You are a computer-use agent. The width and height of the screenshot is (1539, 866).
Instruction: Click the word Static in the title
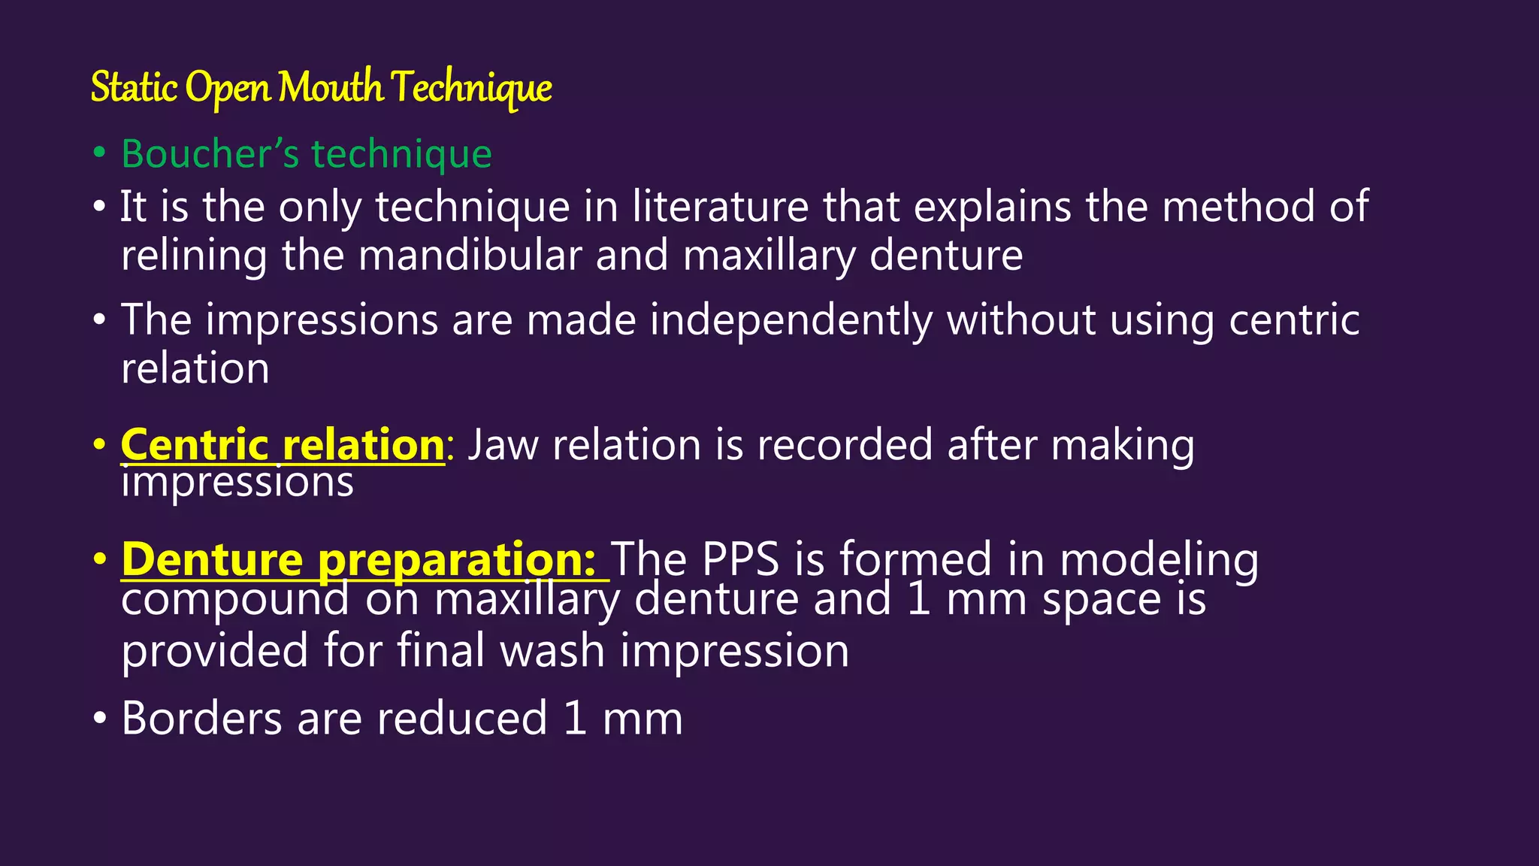(x=134, y=87)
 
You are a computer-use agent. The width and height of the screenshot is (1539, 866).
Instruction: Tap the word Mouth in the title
(x=331, y=87)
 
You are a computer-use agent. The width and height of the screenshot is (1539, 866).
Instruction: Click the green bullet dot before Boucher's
(x=99, y=153)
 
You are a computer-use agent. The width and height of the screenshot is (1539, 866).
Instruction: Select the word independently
(x=791, y=320)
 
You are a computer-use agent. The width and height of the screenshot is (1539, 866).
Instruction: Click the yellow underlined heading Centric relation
(x=283, y=445)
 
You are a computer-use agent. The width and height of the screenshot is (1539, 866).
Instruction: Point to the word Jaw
(x=503, y=445)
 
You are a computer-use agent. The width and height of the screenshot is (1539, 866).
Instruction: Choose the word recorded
(x=845, y=445)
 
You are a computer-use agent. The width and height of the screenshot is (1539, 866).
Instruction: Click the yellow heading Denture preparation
(x=359, y=560)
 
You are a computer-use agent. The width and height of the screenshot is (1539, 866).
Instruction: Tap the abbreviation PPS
(x=739, y=560)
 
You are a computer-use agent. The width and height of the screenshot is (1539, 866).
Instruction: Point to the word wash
(x=552, y=651)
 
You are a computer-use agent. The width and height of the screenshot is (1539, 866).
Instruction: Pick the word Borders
(x=201, y=719)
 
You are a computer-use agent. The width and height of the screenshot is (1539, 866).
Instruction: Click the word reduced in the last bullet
(x=461, y=719)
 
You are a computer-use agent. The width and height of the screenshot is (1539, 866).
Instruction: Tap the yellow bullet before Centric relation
(x=99, y=445)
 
